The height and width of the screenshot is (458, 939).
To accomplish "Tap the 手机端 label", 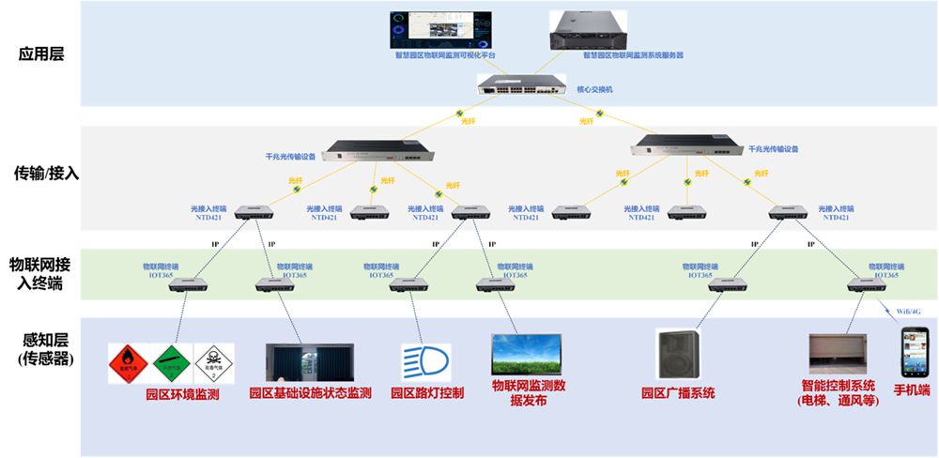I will [x=911, y=389].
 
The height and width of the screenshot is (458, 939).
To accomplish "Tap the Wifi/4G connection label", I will [x=905, y=310].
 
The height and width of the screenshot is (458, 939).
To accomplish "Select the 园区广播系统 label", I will [x=678, y=392].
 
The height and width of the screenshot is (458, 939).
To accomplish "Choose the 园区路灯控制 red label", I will [x=427, y=392].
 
